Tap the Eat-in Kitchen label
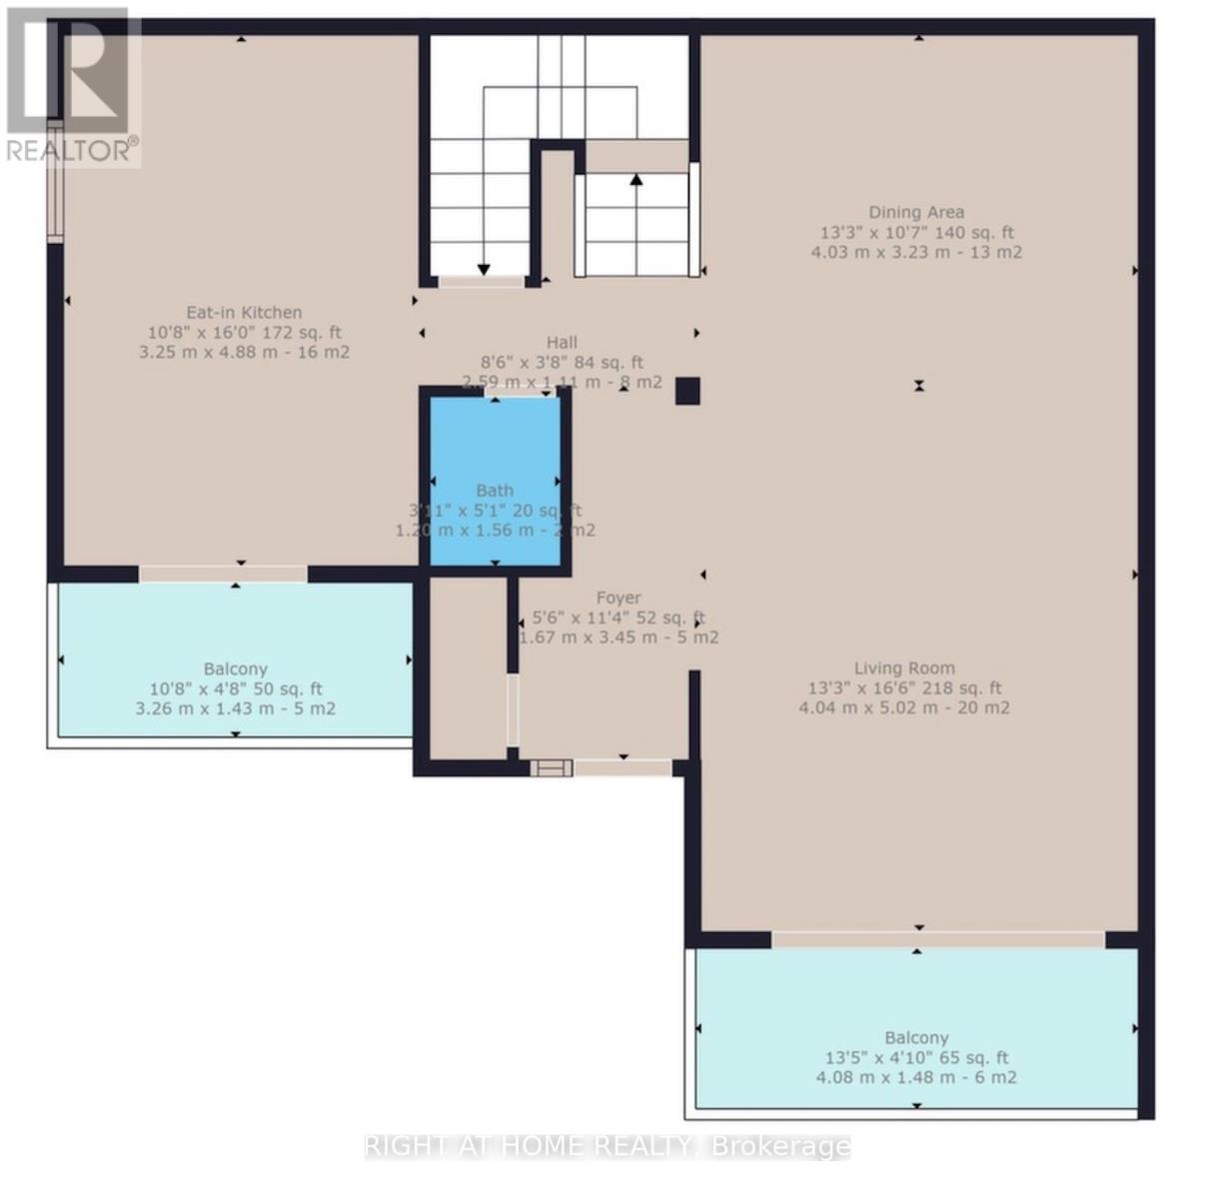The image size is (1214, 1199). click(x=244, y=313)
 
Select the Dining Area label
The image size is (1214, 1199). click(x=916, y=212)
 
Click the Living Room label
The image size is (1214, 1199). click(x=904, y=668)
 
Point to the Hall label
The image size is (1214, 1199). click(x=562, y=343)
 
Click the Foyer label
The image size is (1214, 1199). click(x=618, y=598)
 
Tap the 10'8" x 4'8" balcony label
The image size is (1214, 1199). click(x=236, y=669)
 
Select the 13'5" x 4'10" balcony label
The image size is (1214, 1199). click(x=916, y=1038)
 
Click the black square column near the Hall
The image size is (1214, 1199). click(x=687, y=391)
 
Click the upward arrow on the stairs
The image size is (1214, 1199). click(x=636, y=181)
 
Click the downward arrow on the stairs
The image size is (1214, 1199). click(x=484, y=269)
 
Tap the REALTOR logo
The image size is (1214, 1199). click(x=70, y=85)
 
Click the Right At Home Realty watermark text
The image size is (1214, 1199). click(x=607, y=1146)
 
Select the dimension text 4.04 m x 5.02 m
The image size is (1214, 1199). click(x=904, y=707)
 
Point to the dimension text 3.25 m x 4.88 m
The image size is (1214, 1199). click(x=244, y=352)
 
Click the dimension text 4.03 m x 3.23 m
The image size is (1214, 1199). click(x=916, y=252)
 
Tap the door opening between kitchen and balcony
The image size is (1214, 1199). click(x=223, y=574)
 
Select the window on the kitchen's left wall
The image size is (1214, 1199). click(x=56, y=181)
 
